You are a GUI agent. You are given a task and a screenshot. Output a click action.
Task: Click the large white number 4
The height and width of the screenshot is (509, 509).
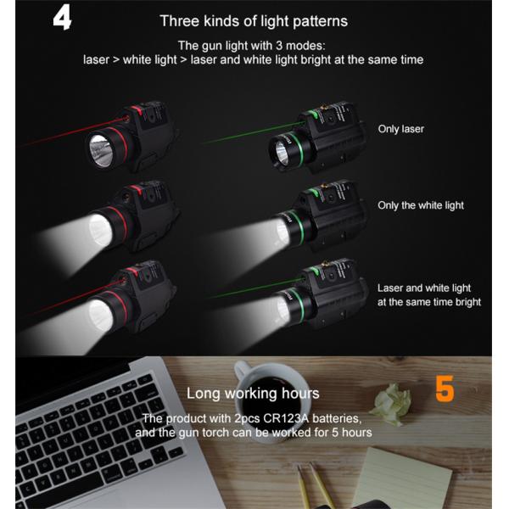click(x=62, y=19)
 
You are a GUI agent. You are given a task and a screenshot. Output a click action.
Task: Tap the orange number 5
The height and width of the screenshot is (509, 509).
click(x=445, y=389)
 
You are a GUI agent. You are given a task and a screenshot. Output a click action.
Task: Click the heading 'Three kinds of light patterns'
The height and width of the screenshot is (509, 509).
click(x=254, y=21)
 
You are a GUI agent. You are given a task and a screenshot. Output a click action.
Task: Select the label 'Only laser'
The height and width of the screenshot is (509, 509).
click(x=401, y=129)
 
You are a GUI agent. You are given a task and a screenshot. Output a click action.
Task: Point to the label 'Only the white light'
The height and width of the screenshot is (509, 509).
click(x=421, y=205)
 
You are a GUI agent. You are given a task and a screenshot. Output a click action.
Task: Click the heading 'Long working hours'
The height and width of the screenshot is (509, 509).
click(x=253, y=394)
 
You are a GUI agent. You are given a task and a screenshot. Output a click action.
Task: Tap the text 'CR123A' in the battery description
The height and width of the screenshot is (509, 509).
click(x=286, y=418)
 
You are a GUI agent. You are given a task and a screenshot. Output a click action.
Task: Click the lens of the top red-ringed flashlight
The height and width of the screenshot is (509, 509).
click(x=101, y=151)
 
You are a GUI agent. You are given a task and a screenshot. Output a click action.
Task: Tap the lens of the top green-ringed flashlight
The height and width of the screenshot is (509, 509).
click(x=281, y=154)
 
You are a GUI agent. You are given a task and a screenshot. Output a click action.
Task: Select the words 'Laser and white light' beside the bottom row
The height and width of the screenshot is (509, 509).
click(x=423, y=288)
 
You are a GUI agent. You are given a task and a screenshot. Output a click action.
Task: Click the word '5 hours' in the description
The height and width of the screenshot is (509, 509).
click(x=351, y=433)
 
